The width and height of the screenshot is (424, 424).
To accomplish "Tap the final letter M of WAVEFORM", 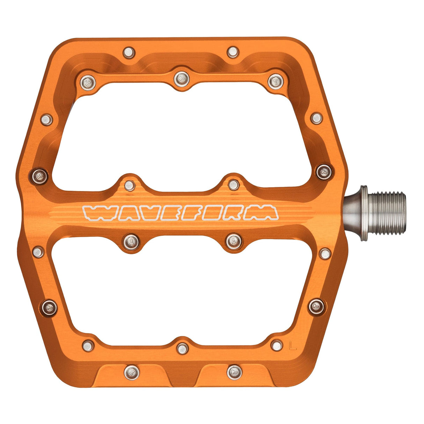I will (x=266, y=213).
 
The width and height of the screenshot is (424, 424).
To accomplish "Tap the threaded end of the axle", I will (x=388, y=213).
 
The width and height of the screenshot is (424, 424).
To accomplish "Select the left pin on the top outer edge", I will (x=129, y=53).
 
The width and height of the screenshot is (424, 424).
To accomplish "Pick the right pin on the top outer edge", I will (x=232, y=52).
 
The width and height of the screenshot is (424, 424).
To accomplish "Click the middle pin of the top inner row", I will (x=181, y=78).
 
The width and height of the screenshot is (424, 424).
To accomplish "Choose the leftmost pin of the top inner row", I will (x=88, y=82).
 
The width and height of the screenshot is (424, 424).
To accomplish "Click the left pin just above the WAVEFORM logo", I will (x=129, y=185).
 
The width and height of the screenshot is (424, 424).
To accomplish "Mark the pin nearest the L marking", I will (x=277, y=346).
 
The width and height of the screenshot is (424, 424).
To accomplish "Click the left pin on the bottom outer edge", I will (x=132, y=371).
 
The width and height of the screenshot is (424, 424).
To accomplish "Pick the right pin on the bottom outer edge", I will (x=234, y=371).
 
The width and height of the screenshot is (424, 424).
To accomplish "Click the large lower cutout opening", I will (x=182, y=293).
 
